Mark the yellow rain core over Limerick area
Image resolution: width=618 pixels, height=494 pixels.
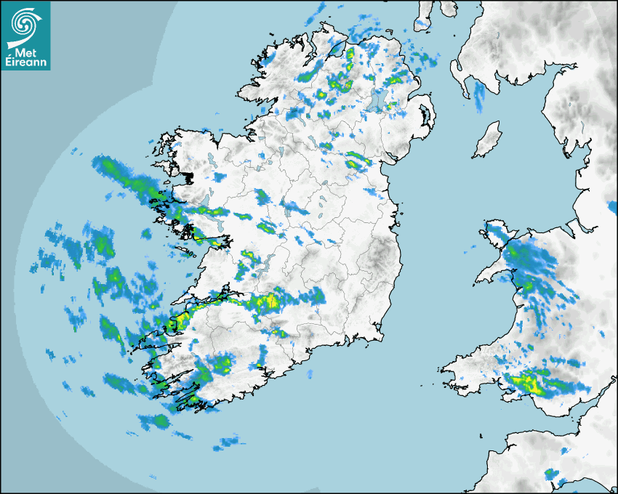(x=269, y=301)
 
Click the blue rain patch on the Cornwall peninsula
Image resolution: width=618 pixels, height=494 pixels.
(x=553, y=474)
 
